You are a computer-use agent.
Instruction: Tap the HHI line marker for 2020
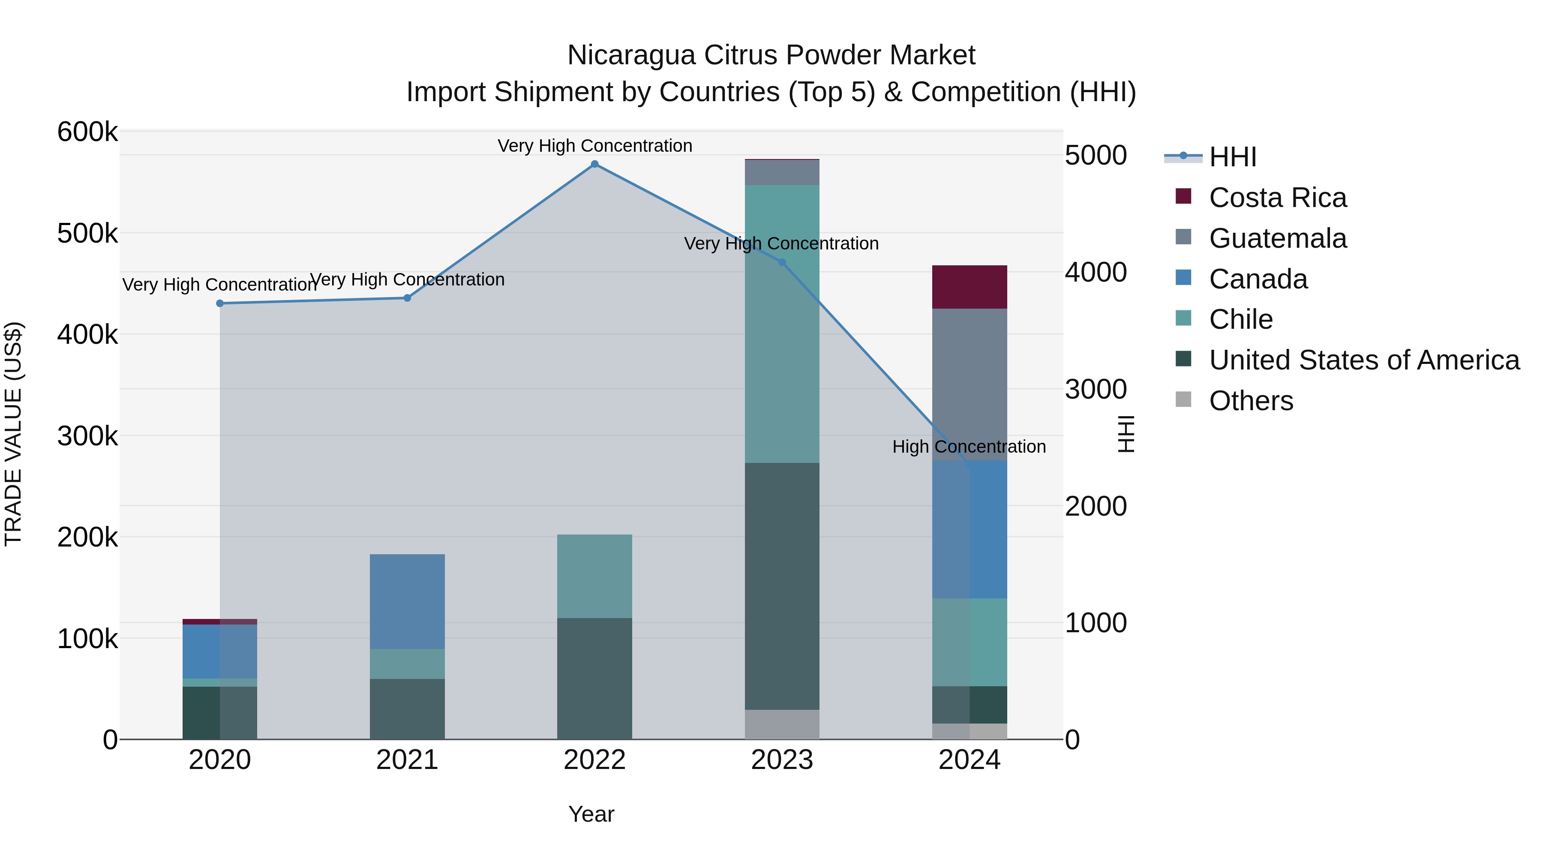(x=220, y=303)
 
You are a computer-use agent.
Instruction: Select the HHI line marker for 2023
(x=782, y=262)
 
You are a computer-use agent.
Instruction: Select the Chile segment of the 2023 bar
(x=782, y=324)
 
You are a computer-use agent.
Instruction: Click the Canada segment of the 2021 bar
(x=407, y=601)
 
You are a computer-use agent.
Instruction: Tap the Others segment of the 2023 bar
(x=782, y=724)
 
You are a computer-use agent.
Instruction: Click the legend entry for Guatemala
(x=1277, y=238)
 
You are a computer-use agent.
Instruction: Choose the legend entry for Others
(x=1251, y=401)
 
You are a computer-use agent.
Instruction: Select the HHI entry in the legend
(x=1232, y=157)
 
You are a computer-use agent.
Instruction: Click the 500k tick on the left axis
(x=87, y=233)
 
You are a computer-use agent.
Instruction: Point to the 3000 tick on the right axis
(x=1096, y=389)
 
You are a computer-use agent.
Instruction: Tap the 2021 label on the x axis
(x=407, y=760)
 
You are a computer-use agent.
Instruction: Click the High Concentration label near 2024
(x=969, y=447)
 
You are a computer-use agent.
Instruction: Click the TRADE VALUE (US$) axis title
(x=13, y=434)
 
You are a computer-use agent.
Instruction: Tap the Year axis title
(x=591, y=814)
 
